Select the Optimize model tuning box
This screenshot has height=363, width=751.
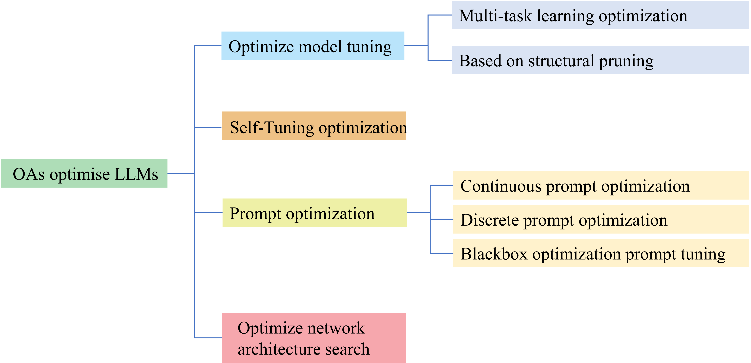313,46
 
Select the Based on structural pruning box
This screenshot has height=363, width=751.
600,60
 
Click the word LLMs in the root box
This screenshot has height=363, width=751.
136,174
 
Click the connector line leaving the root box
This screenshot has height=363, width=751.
181,173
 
